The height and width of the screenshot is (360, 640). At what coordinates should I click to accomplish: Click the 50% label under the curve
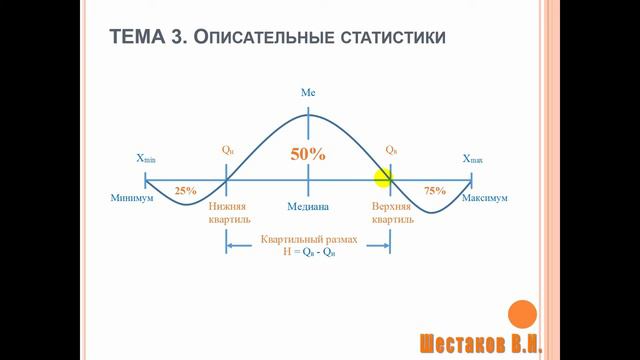pos(308,155)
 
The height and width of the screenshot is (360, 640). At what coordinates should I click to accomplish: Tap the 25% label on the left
pos(185,190)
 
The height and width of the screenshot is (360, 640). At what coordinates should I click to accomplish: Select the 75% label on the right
pos(435,190)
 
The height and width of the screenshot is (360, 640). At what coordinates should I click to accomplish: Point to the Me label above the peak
pos(308,92)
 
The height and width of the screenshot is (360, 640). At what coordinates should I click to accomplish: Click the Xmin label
pos(146,159)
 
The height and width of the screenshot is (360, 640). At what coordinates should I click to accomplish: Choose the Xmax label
pos(472,159)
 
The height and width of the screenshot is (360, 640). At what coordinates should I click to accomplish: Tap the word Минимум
pos(132,199)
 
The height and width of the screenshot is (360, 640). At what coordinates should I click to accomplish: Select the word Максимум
pos(485,199)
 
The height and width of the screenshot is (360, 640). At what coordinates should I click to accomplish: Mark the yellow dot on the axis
pos(384,179)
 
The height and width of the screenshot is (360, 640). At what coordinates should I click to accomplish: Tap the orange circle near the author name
pos(522,315)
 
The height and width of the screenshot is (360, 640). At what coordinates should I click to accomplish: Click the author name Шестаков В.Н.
pos(480,342)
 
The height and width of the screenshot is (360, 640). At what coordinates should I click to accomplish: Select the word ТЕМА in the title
pos(137,38)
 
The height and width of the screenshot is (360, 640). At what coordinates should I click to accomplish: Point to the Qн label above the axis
pos(228,150)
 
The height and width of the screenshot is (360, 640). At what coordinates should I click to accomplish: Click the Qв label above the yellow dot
pos(391,150)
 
